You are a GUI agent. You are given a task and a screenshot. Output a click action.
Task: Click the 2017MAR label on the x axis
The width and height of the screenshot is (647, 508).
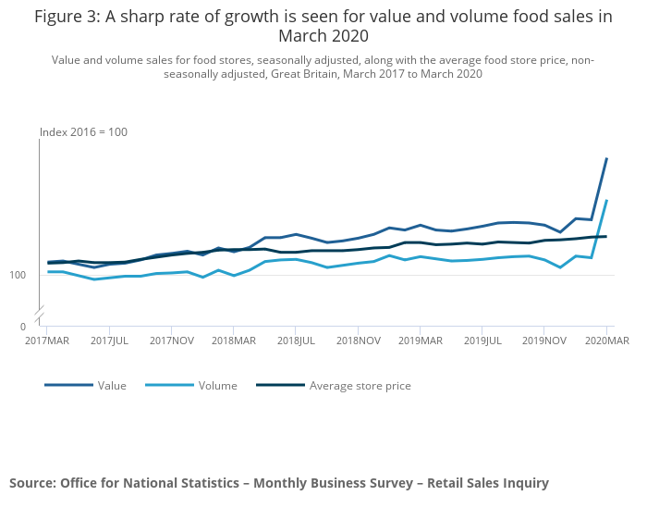point(46,341)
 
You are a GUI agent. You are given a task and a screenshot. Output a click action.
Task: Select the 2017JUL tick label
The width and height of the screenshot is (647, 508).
point(110,341)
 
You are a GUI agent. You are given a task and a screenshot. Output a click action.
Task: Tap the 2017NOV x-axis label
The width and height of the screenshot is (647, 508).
point(171,341)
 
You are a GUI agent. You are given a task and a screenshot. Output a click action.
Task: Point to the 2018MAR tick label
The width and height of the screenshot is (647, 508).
point(234,341)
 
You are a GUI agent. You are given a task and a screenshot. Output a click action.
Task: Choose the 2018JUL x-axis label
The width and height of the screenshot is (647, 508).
point(295,341)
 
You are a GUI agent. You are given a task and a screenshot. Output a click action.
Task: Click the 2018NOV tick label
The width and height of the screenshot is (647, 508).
point(359,341)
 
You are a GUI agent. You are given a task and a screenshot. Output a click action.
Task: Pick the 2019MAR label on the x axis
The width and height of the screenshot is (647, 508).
point(421,341)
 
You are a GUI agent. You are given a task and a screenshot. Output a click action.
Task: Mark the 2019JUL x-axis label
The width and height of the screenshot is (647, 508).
point(482,341)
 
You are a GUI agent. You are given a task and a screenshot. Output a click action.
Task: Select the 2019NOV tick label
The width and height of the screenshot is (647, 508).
point(544,341)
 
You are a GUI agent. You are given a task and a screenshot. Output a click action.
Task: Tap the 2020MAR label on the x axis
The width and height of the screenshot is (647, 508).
point(606,341)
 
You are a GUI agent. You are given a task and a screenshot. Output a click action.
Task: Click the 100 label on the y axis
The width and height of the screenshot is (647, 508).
point(18,276)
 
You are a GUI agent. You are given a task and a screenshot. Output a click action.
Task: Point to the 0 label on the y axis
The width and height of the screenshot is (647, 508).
point(23,327)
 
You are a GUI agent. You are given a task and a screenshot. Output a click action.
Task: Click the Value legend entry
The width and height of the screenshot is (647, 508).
point(112,386)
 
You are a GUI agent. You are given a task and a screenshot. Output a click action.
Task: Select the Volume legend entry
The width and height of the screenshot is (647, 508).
point(218,386)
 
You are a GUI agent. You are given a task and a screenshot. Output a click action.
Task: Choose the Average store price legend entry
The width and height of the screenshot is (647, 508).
point(360,386)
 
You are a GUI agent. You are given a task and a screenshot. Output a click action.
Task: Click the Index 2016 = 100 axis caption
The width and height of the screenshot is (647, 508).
point(83,132)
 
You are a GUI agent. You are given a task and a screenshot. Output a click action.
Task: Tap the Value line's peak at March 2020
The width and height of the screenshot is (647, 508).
point(606,159)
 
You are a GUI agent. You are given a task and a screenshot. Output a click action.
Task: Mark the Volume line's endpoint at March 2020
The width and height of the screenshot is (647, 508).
point(606,201)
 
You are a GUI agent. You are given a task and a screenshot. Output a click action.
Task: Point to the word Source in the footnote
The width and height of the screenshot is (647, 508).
point(32,483)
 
